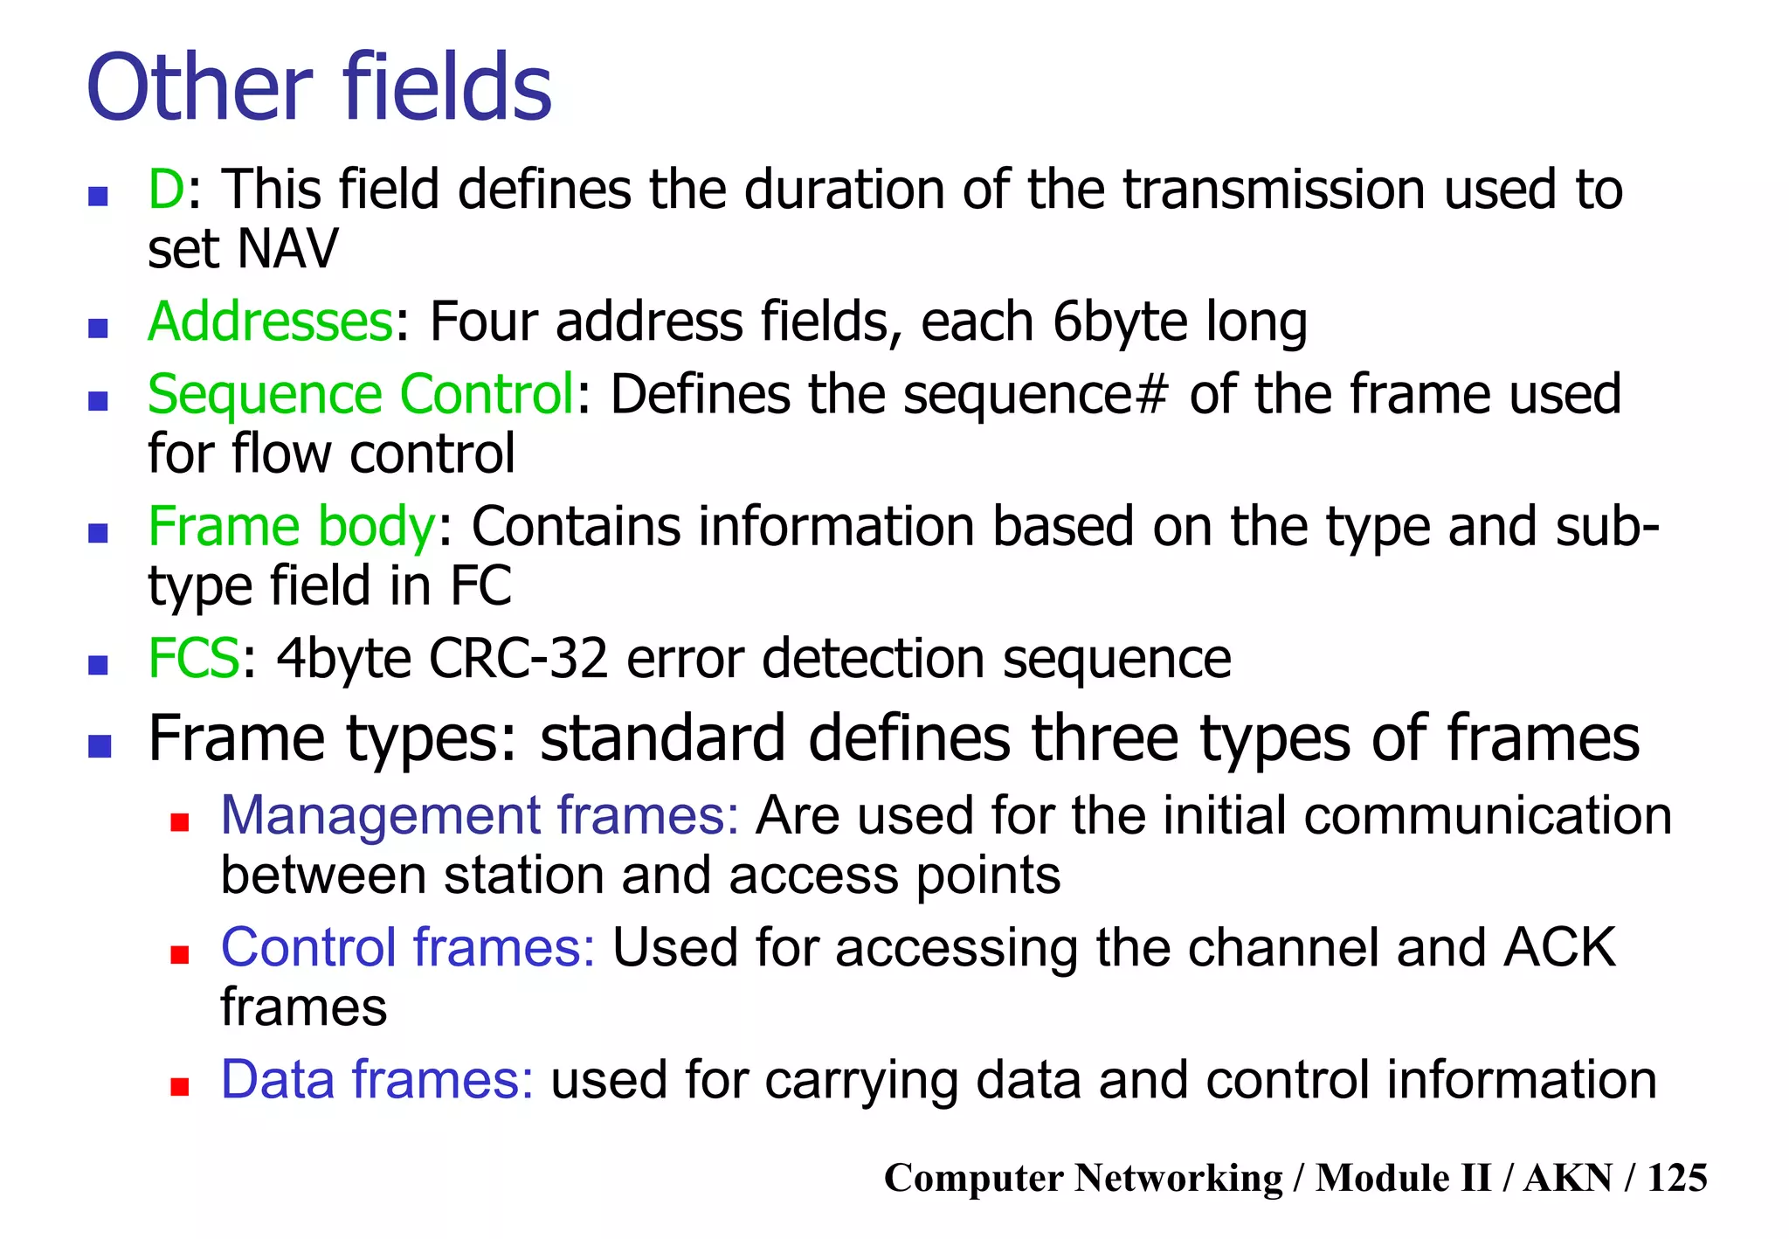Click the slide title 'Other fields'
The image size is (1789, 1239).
tap(319, 88)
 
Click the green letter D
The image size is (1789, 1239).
tap(165, 190)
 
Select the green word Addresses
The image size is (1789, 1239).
tap(271, 322)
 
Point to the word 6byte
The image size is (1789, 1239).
tap(1119, 323)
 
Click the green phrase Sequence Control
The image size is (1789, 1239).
tap(360, 395)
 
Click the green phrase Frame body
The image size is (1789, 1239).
tap(291, 528)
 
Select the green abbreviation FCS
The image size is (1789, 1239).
tap(193, 659)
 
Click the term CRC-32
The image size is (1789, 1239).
tap(518, 659)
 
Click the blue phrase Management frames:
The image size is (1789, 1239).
tap(480, 816)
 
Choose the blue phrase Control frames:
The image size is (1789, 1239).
tap(407, 948)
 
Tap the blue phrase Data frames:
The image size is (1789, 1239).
tap(376, 1080)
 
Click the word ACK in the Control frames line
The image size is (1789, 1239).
tap(1559, 948)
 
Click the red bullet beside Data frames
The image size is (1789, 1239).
tap(180, 1087)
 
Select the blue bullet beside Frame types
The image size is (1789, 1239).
tap(100, 746)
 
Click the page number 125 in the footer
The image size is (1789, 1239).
tap(1676, 1178)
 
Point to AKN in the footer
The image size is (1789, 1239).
tap(1568, 1178)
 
